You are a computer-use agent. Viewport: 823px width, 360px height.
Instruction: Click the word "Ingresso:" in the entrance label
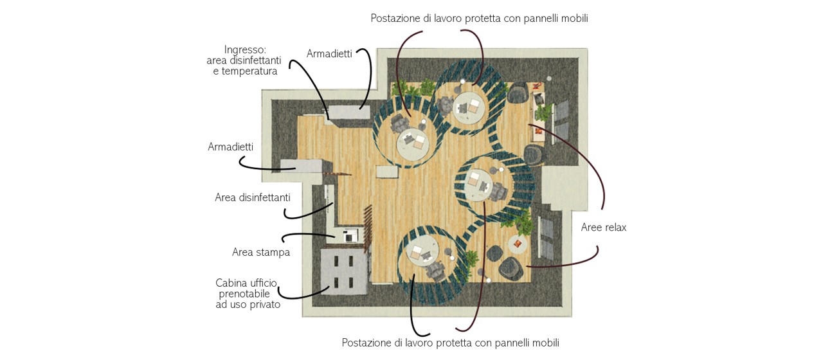tap(245, 50)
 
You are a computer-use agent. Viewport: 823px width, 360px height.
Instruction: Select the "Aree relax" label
tap(604, 228)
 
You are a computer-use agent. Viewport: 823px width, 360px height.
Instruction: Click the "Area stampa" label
tap(261, 253)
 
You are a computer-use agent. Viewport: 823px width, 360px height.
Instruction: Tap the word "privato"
tap(264, 305)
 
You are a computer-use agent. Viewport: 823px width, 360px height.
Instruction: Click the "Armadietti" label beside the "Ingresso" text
tap(329, 53)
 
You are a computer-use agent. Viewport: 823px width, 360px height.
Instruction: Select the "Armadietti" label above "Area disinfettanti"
tap(230, 147)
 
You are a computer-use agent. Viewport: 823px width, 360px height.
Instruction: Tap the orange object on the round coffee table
tap(518, 243)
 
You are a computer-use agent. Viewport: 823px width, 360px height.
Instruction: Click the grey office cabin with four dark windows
tap(343, 271)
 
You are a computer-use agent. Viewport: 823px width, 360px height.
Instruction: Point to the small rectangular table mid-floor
tap(388, 172)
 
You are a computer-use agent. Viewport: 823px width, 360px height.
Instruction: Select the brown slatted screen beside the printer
tap(366, 228)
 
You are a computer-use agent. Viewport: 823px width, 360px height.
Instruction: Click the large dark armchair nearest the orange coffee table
tap(511, 269)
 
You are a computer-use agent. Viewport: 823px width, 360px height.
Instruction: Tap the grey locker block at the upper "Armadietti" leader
tap(348, 112)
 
